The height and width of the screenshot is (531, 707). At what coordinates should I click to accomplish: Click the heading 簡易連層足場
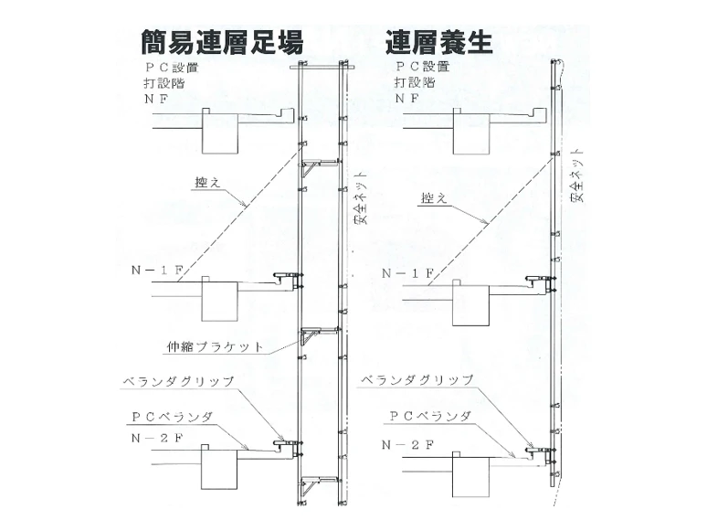point(221,41)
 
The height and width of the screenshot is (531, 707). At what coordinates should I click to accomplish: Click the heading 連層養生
point(438,41)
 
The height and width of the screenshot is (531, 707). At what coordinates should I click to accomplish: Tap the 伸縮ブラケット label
point(216,346)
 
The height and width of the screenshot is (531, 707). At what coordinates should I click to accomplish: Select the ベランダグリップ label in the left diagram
point(178,381)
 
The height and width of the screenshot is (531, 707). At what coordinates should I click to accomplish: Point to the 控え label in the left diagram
point(207,183)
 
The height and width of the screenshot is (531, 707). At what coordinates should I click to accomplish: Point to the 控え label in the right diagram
point(433,197)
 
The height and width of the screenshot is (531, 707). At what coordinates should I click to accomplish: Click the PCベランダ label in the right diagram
point(429,416)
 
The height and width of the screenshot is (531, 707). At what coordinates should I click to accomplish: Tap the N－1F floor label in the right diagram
point(407,273)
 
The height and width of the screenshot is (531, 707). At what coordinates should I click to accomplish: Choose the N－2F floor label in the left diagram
point(155,437)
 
